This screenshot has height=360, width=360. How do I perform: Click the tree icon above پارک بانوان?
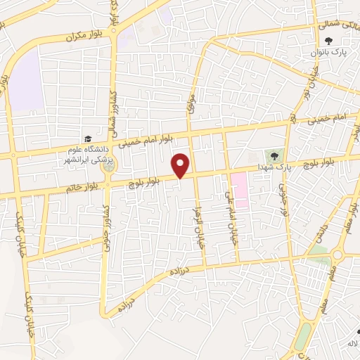[x=347, y=41]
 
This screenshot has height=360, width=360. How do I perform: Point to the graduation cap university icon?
[x=87, y=139]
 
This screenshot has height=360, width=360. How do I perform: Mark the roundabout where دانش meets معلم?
[x=337, y=255]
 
